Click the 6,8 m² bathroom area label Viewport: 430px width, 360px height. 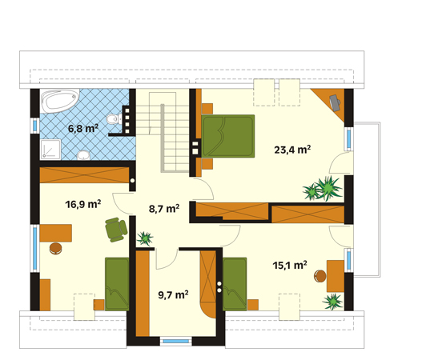[x=83, y=128]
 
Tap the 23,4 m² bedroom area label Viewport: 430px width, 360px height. [x=292, y=150]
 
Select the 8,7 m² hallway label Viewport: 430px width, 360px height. [x=164, y=209]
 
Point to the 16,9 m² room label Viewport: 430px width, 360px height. [x=82, y=204]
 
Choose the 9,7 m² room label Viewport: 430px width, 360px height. [x=173, y=294]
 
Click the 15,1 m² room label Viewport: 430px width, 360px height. [x=290, y=266]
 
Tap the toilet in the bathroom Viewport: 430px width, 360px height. [x=115, y=119]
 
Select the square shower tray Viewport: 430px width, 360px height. [x=50, y=149]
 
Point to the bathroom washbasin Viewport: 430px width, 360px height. [x=83, y=155]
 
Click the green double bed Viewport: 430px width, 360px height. [x=228, y=136]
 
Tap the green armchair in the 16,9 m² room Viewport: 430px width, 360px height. [x=116, y=230]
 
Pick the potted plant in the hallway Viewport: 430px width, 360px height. [x=144, y=238]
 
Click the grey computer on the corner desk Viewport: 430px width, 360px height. [x=335, y=102]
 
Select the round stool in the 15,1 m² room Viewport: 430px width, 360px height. [x=320, y=276]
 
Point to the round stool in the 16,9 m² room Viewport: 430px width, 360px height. [x=56, y=248]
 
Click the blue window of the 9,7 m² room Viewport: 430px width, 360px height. [x=176, y=342]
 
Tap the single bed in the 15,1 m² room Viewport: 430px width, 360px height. [x=235, y=284]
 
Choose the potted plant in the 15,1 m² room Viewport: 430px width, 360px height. [x=332, y=302]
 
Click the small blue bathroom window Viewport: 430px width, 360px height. [x=34, y=126]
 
